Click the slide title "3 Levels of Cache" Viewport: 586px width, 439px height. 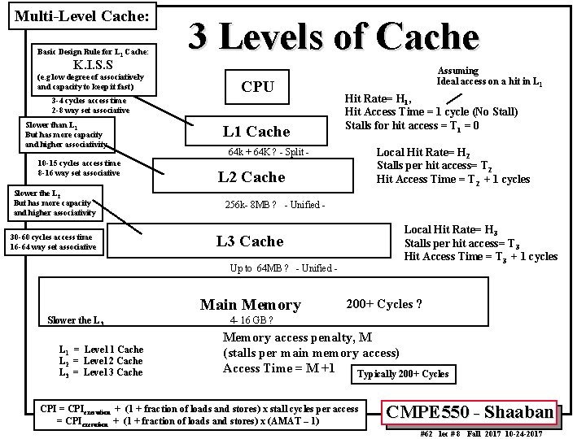pos(334,37)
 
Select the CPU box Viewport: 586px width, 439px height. pos(257,87)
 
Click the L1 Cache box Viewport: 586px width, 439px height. pos(256,132)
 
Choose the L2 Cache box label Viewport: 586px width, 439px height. pos(251,177)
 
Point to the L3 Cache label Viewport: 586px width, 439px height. pos(249,241)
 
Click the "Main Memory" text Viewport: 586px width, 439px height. pos(250,305)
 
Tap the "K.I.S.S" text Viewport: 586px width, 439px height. pos(98,64)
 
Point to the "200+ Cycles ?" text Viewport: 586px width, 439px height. pos(383,304)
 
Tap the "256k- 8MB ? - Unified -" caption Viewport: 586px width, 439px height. pos(274,204)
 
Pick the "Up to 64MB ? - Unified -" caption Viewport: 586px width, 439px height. pos(283,268)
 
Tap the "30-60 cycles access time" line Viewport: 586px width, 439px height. pos(53,237)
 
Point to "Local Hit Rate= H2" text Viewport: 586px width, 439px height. pos(418,152)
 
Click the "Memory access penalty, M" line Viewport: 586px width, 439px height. pos(297,338)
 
